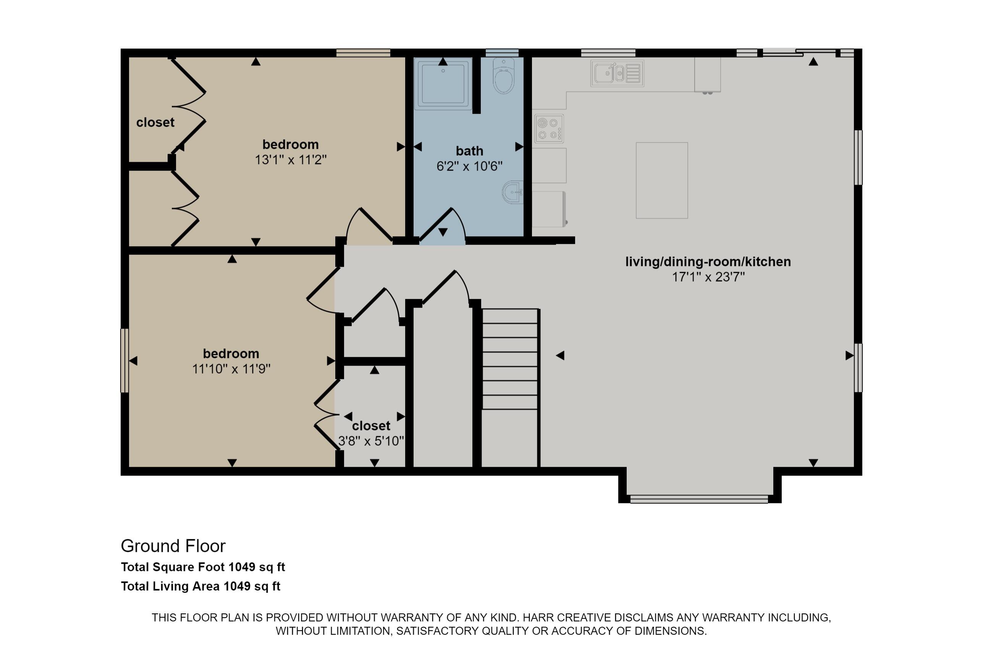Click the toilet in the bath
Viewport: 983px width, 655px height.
point(504,76)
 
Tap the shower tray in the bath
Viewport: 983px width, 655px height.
point(443,83)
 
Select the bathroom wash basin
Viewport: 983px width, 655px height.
point(513,192)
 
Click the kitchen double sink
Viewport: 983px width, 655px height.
point(617,74)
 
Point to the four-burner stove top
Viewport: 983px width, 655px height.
point(549,129)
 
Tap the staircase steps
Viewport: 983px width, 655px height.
point(510,359)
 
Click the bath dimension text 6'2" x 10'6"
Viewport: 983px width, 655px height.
point(469,166)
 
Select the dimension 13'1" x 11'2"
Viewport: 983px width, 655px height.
point(291,160)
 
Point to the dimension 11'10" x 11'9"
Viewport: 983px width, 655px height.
point(231,369)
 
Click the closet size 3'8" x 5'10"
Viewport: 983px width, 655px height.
point(371,441)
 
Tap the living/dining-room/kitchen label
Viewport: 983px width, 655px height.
point(708,262)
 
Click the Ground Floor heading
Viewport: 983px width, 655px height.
point(173,546)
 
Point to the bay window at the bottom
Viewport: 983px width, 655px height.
point(699,499)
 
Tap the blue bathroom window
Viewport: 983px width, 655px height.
point(502,53)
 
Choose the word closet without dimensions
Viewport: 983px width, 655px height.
point(155,123)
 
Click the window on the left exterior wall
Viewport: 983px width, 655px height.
point(124,360)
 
